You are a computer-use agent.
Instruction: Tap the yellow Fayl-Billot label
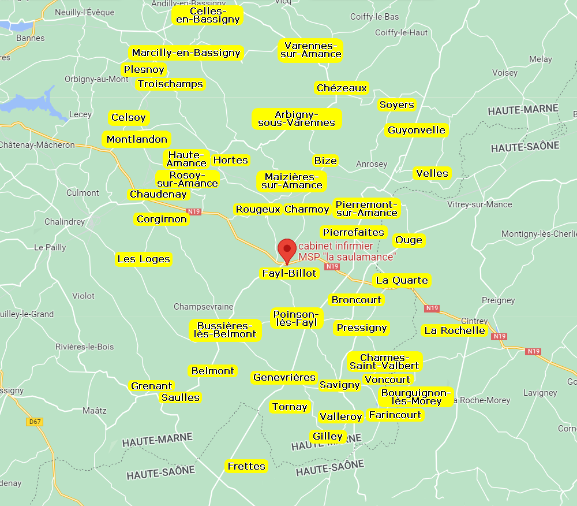point(289,273)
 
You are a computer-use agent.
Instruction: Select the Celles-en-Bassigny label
point(207,16)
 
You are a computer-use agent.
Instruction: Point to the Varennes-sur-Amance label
point(311,50)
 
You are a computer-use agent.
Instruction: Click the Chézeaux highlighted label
point(342,88)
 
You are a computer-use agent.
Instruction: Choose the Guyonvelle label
point(417,130)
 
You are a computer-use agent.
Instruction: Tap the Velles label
point(432,173)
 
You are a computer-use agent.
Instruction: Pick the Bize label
point(325,161)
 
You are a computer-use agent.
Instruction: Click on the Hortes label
point(231,160)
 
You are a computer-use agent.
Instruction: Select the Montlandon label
point(137,139)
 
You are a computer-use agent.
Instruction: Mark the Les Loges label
point(144,259)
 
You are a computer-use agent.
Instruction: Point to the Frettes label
point(246,466)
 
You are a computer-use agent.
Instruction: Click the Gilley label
point(328,436)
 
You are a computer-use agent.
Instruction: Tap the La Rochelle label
point(454,330)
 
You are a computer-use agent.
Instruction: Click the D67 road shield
point(35,422)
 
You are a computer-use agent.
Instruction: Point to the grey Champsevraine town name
point(203,306)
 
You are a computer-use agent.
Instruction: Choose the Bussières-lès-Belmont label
point(226,330)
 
